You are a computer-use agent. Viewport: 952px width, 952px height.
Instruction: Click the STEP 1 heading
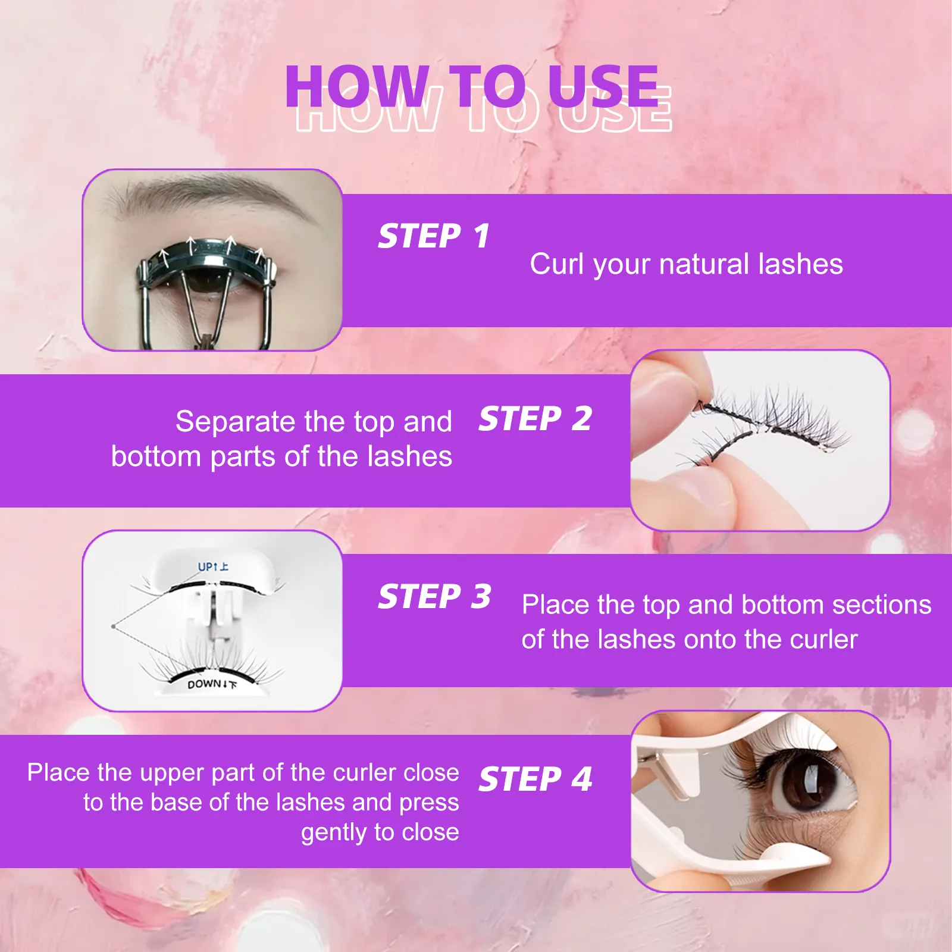click(434, 236)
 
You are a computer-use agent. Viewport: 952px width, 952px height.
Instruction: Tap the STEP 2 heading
click(535, 419)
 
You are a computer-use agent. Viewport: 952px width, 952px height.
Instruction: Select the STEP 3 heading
click(434, 597)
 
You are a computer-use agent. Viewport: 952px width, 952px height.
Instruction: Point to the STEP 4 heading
click(535, 779)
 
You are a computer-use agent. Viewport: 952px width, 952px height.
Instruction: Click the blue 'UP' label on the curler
click(206, 567)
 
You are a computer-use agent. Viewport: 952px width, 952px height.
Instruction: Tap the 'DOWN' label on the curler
click(204, 684)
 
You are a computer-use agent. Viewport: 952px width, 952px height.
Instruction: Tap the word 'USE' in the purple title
click(602, 87)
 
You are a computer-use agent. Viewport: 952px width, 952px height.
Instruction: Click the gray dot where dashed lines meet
click(113, 626)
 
